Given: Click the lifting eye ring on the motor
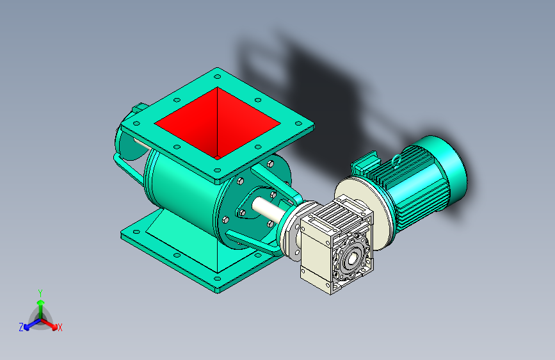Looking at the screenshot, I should point(397,160).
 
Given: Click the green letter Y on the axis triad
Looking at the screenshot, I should point(40,292).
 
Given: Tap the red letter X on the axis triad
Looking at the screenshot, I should point(60,328).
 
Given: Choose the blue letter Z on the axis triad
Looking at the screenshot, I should point(21,327).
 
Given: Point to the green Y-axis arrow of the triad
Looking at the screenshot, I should point(40,304).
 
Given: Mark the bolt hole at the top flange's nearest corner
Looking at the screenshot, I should point(217,171).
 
